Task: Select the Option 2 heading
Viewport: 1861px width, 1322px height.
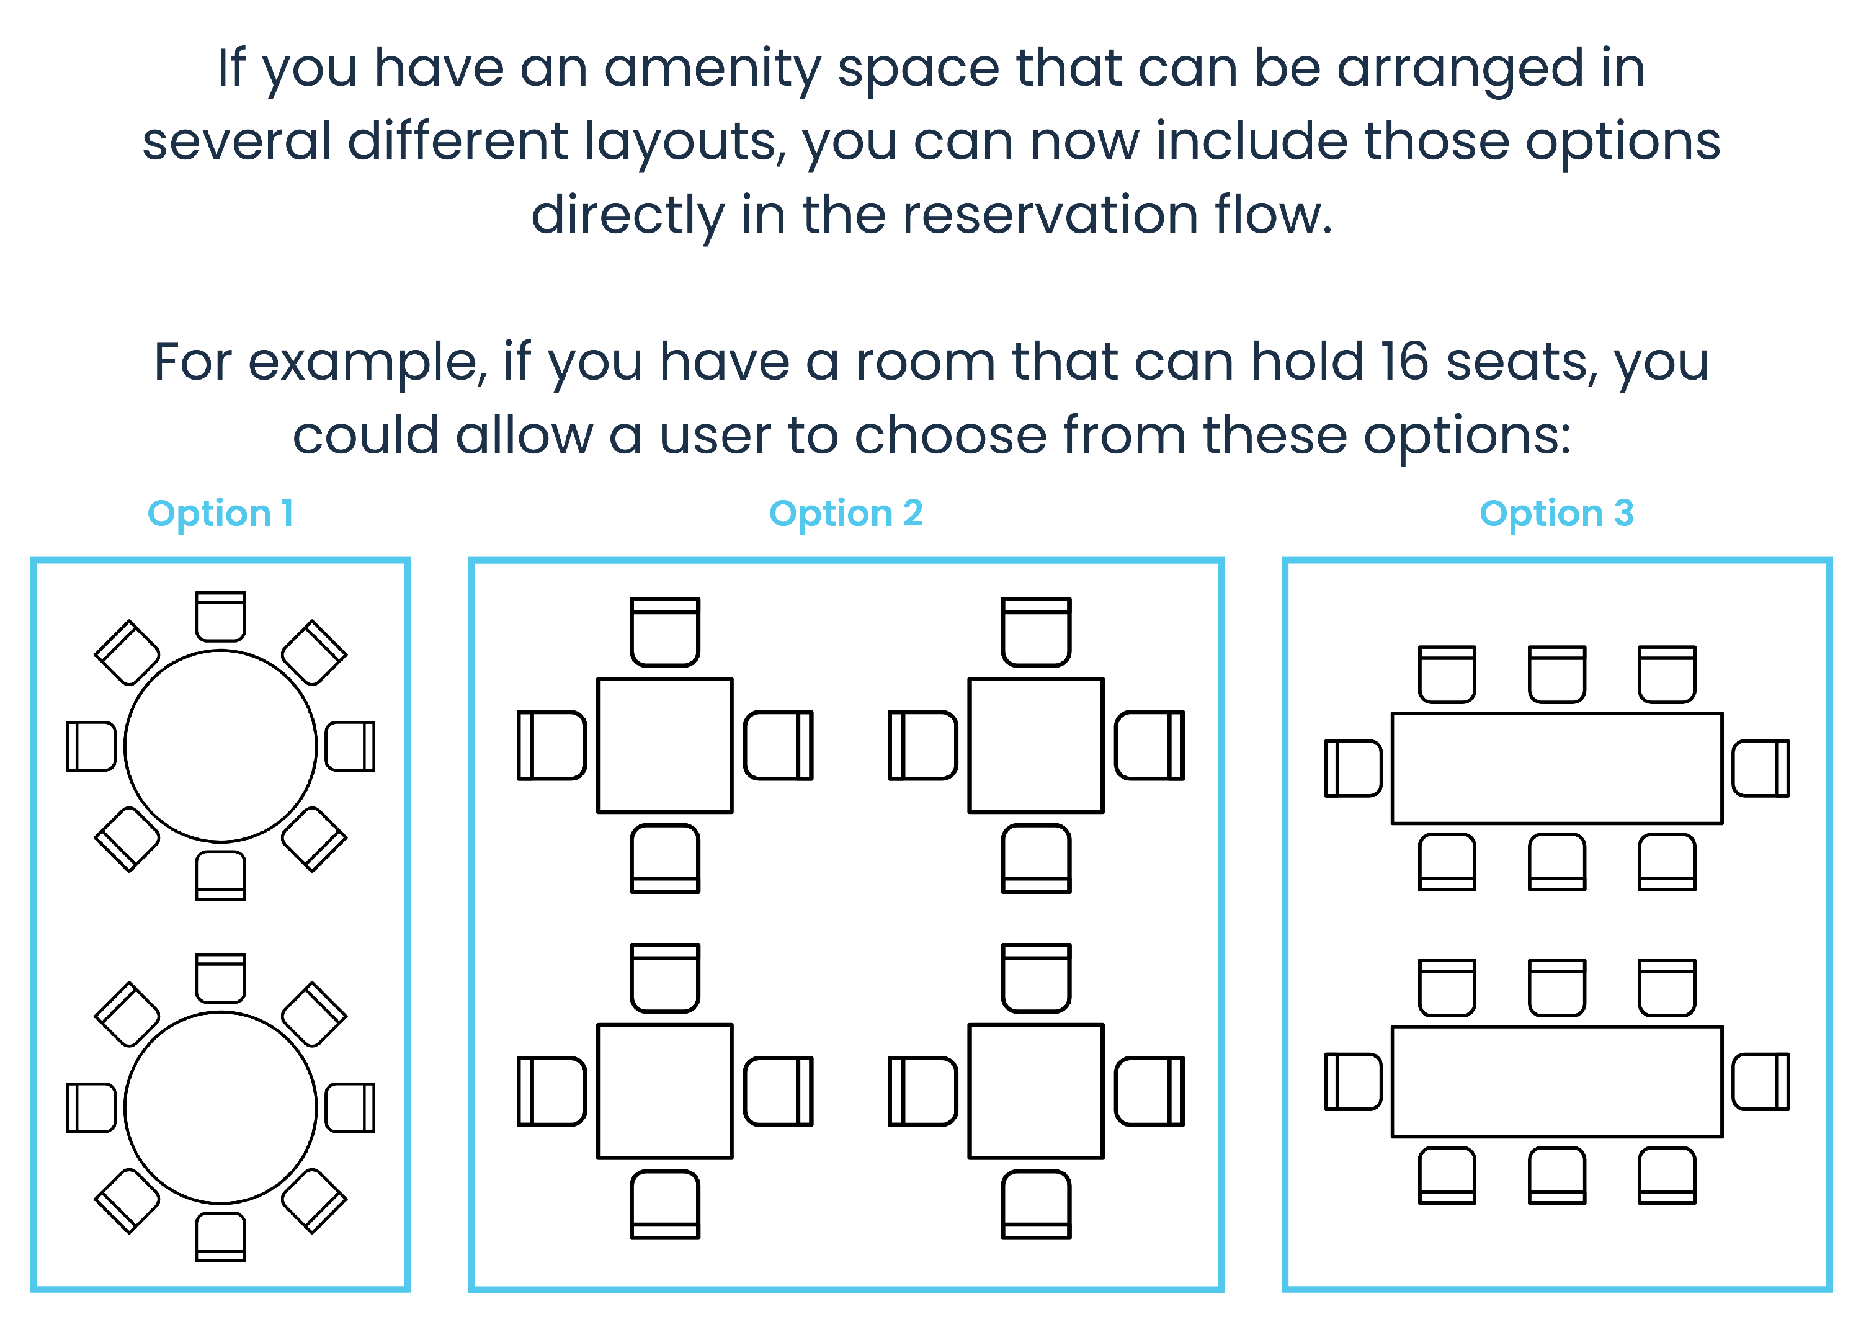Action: click(846, 514)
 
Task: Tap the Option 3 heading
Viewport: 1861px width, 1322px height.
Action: click(1556, 514)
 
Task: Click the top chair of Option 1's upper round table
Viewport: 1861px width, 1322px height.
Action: click(221, 616)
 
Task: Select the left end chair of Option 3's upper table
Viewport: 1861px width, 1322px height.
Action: click(1353, 767)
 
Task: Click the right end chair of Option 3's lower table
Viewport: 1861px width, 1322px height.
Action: click(1760, 1081)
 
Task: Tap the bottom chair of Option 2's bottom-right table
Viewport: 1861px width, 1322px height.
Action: click(1035, 1204)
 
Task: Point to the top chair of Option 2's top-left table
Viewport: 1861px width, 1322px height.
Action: click(665, 632)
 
